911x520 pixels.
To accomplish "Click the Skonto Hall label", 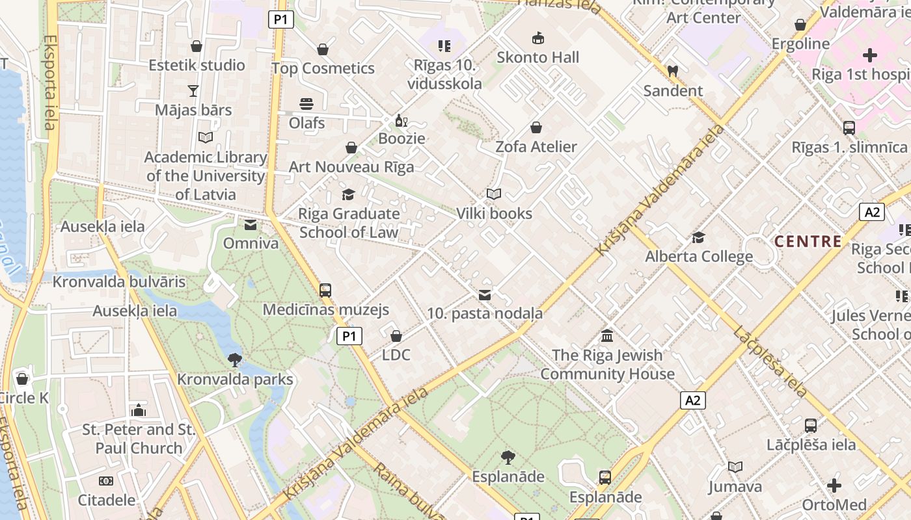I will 537,57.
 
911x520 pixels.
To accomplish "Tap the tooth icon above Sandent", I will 673,70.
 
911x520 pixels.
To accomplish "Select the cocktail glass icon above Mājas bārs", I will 193,90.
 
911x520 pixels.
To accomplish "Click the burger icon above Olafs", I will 306,103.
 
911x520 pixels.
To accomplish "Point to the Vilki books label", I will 494,213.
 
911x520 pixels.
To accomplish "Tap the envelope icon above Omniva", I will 250,225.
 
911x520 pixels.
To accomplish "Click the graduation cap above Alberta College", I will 698,237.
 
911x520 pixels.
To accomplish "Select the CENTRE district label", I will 808,242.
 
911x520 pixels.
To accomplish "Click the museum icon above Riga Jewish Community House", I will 607,336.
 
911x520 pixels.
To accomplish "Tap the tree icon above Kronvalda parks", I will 235,359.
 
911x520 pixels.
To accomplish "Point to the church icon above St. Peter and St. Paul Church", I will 138,410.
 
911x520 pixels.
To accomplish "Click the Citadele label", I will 107,500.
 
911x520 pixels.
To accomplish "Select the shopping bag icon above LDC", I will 396,336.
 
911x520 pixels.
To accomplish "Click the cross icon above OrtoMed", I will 834,486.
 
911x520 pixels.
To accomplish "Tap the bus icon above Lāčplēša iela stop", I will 810,426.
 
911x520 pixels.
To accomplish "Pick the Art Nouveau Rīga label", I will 351,167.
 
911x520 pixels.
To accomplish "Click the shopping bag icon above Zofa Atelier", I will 536,127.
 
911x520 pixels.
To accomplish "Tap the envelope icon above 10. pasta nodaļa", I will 484,295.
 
